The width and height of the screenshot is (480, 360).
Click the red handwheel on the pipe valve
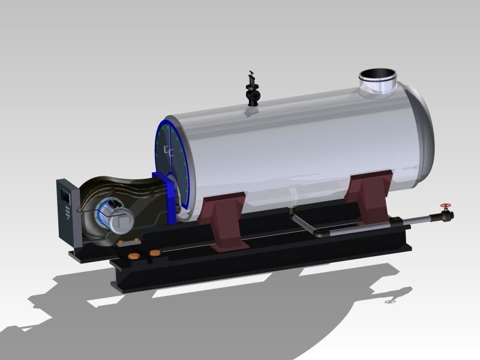tap(445, 206)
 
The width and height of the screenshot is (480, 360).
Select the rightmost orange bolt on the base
tap(157, 253)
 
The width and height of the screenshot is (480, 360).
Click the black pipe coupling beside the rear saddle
tap(396, 223)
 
